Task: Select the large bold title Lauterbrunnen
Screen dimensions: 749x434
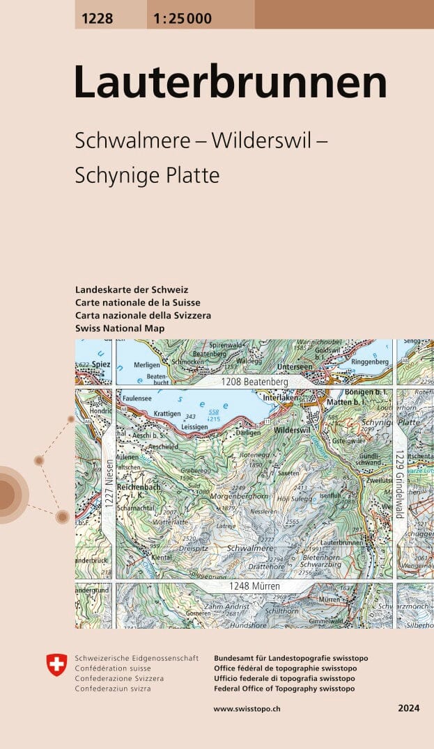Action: tap(231, 82)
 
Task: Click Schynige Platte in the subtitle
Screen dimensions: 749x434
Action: tap(147, 175)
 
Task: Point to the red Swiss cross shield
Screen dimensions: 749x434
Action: tap(56, 665)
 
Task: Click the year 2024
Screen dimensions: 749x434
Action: tap(408, 708)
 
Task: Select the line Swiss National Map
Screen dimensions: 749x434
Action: tap(120, 328)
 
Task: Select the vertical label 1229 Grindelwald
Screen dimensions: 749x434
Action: tap(400, 483)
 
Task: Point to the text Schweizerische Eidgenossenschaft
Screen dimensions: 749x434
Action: tap(137, 658)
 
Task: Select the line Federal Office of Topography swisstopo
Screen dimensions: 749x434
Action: tap(284, 688)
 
